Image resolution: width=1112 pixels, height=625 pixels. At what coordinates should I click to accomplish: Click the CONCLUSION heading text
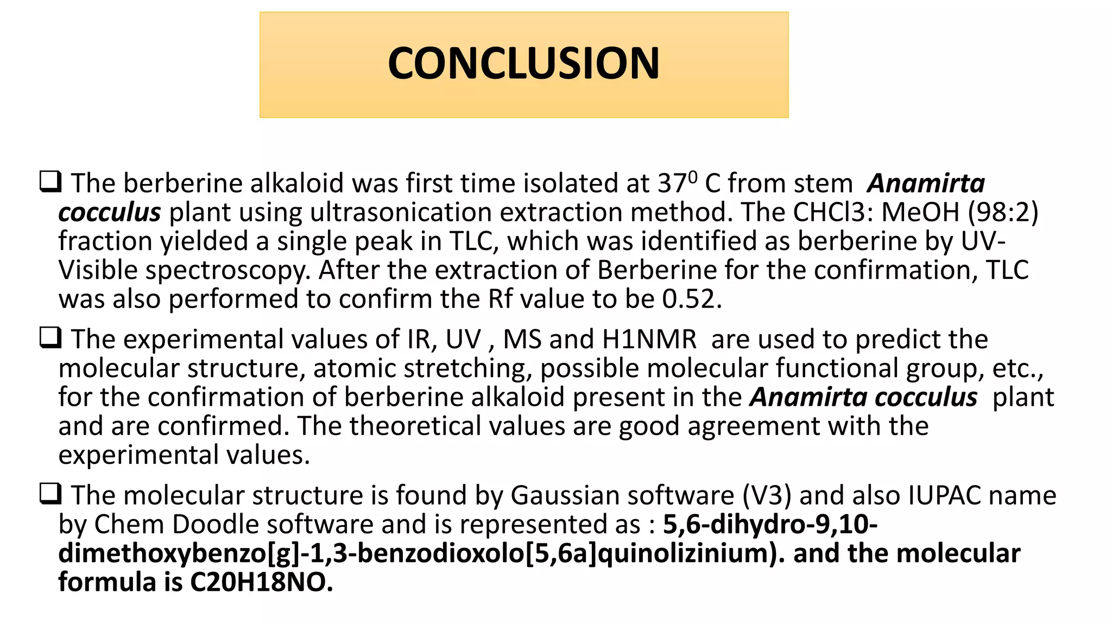pos(523,63)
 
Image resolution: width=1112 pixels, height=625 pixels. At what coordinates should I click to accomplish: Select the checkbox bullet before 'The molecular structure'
pos(50,494)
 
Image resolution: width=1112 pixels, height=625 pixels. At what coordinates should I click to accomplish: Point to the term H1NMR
pos(649,340)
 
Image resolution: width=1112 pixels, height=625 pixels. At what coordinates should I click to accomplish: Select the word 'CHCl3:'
pos(832,212)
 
